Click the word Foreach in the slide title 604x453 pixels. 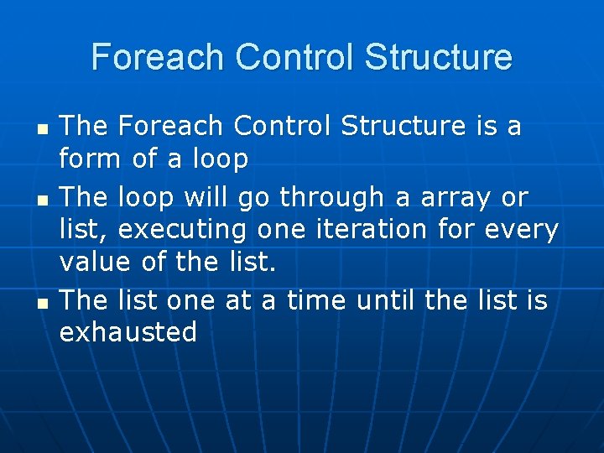(158, 57)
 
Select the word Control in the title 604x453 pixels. (294, 57)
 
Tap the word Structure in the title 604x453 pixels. (439, 57)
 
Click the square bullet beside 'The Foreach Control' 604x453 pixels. (43, 129)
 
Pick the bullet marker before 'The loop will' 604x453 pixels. (43, 200)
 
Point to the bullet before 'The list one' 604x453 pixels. (43, 304)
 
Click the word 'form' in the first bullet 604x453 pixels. (90, 158)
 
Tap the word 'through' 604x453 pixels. (331, 198)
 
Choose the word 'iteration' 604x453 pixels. (372, 229)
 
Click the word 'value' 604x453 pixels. (95, 262)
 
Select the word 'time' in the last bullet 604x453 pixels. (316, 299)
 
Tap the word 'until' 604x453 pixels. (385, 299)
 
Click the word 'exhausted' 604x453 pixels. (128, 331)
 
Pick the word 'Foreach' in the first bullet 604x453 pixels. (170, 125)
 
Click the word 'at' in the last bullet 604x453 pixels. (238, 301)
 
